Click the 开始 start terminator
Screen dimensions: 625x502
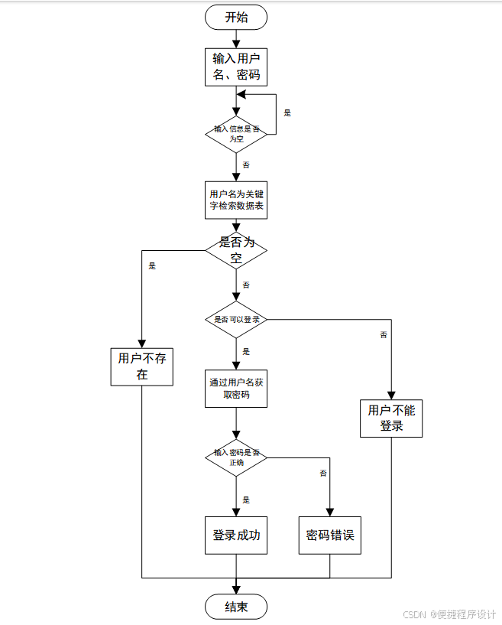pos(236,17)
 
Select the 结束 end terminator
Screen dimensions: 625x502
pos(236,607)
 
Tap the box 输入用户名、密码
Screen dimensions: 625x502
pos(236,67)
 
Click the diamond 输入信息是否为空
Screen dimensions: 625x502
pos(236,133)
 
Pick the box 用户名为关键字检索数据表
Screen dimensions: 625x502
pos(236,200)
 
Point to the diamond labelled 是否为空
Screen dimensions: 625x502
pos(236,250)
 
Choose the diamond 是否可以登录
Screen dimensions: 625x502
pos(236,319)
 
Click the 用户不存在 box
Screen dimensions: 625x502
pos(142,367)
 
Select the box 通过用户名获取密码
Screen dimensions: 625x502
pos(236,388)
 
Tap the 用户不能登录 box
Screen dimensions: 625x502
pos(391,418)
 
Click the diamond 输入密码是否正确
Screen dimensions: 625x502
pos(236,457)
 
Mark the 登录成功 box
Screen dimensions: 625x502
pos(236,535)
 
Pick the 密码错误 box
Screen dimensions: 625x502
pos(329,535)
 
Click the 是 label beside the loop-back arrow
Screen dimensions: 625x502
pos(287,113)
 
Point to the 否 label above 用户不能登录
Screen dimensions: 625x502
pos(384,335)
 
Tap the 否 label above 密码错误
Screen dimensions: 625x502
pos(323,474)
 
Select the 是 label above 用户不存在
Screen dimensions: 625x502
pos(152,266)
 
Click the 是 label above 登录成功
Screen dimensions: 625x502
pos(246,500)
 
